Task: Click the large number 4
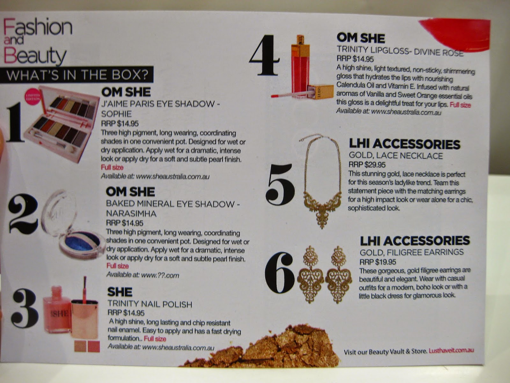265,55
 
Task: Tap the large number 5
280,184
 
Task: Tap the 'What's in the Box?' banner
77,75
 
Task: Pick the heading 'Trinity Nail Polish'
150,304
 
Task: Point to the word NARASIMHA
131,214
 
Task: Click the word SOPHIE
116,114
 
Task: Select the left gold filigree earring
311,274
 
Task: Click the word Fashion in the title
38,27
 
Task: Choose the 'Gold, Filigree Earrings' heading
412,252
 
